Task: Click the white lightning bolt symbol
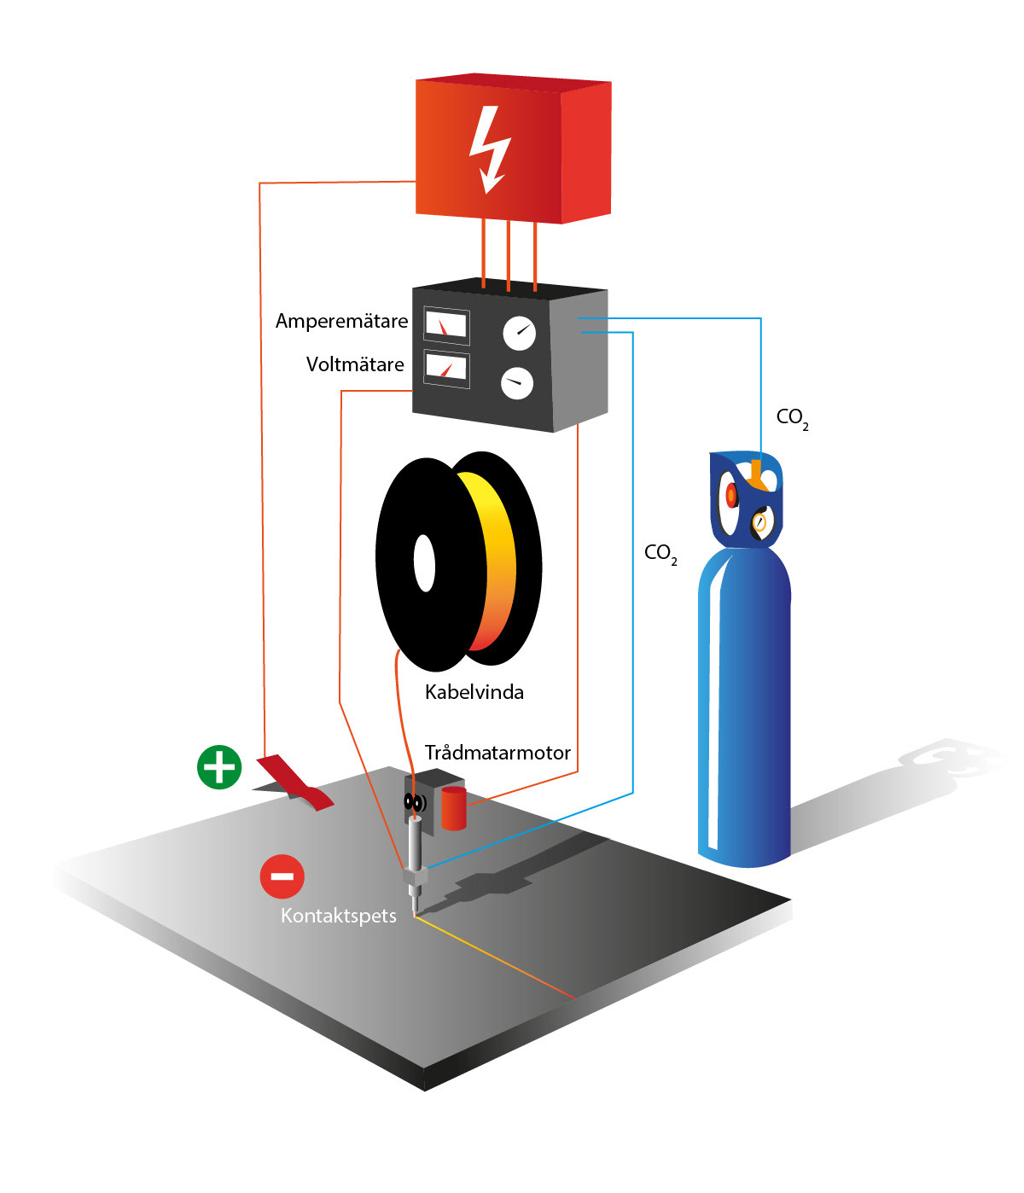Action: click(490, 149)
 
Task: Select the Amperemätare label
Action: click(341, 322)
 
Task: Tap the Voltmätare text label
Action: click(355, 365)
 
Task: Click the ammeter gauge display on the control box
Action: click(446, 325)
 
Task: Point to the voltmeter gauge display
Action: click(446, 368)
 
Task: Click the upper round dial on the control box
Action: click(519, 333)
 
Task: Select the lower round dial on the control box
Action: click(516, 383)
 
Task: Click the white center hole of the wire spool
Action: click(424, 562)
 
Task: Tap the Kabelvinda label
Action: click(474, 692)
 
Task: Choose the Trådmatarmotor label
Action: click(497, 754)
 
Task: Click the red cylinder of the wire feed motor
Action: click(454, 809)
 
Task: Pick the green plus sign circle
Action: click(219, 766)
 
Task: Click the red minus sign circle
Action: click(282, 876)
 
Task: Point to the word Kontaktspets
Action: click(339, 917)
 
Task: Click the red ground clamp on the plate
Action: click(294, 781)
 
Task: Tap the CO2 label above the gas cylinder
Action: click(791, 418)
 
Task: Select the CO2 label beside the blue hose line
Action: click(660, 554)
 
